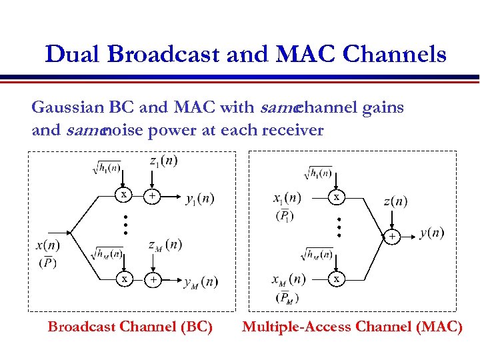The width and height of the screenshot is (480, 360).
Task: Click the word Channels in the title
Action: tap(394, 55)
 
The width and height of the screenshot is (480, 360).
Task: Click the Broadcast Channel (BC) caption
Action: tap(130, 327)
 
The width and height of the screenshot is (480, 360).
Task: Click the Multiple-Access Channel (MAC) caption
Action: tap(352, 327)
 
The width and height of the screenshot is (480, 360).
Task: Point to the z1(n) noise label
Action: tap(163, 161)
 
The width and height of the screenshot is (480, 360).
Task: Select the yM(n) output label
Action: tap(201, 282)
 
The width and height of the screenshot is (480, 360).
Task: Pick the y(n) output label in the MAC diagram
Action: tap(431, 233)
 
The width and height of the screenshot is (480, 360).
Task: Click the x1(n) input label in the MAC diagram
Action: tap(287, 198)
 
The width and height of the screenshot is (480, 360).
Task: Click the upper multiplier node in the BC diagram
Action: tap(123, 195)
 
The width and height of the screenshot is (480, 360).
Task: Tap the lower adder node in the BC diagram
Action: tap(153, 280)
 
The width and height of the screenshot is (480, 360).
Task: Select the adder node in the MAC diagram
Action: tap(393, 235)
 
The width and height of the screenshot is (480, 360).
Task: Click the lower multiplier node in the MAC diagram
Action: tap(337, 279)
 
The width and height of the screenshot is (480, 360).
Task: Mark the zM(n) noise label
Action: tap(165, 245)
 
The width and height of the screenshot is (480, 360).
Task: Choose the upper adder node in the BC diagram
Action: tap(153, 196)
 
